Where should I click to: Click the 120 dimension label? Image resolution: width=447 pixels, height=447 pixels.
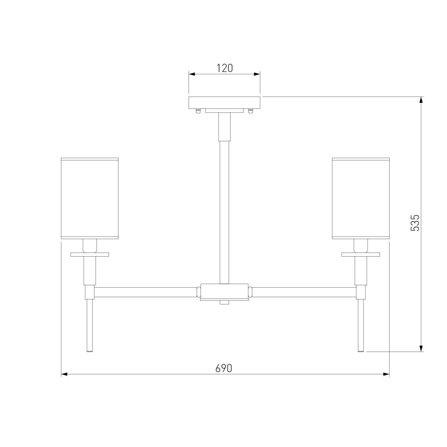224,68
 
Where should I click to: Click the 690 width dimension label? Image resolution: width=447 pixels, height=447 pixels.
223,368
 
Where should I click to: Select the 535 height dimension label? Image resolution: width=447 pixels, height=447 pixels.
415,223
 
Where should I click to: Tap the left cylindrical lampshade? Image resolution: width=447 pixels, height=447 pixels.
90,199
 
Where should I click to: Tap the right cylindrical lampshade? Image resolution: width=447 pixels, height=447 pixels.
361,199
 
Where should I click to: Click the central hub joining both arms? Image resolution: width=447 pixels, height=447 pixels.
224,292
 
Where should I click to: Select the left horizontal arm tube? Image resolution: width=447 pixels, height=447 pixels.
145,292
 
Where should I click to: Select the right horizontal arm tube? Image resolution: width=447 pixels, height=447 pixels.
304,292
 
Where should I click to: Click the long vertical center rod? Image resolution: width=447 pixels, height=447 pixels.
224,212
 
